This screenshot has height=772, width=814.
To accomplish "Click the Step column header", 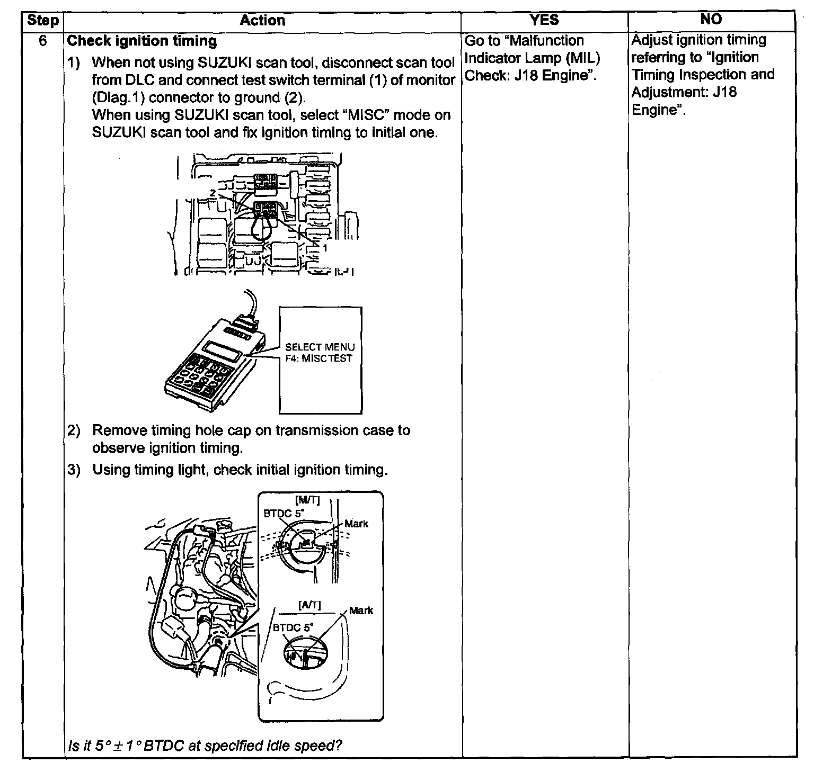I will tap(42, 21).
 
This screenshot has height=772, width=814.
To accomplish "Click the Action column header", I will tap(262, 21).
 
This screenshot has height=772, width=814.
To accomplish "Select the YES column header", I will tap(544, 20).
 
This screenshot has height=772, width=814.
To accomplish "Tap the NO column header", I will tap(711, 20).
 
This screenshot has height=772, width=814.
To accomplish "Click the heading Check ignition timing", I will tap(142, 41).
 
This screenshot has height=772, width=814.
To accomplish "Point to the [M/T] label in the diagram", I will tap(307, 501).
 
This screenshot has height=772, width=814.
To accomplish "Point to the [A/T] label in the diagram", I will tap(309, 605).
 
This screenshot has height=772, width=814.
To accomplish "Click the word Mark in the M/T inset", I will tap(356, 524).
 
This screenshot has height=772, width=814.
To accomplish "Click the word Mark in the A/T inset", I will tap(361, 611).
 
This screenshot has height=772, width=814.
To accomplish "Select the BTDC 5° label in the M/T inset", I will tap(284, 513).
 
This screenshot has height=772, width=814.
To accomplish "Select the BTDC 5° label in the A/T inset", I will tap(293, 627).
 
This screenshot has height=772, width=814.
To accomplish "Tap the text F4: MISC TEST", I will tap(318, 358).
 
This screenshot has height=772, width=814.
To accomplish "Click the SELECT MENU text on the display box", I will tap(320, 347).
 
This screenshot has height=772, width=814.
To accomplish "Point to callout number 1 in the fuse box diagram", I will tap(325, 247).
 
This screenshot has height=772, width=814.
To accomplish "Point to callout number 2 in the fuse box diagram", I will tap(213, 193).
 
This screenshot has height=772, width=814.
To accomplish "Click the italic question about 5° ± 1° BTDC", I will tap(205, 746).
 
